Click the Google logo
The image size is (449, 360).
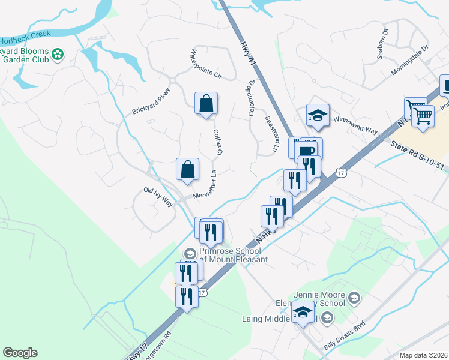[x=20, y=353]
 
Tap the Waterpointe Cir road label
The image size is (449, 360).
[x=206, y=64]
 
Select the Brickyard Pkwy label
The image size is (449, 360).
[x=151, y=101]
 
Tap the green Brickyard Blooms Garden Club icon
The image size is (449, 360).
[x=58, y=55]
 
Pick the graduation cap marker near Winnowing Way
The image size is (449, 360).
[x=318, y=115]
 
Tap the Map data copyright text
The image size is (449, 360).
[x=424, y=355]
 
